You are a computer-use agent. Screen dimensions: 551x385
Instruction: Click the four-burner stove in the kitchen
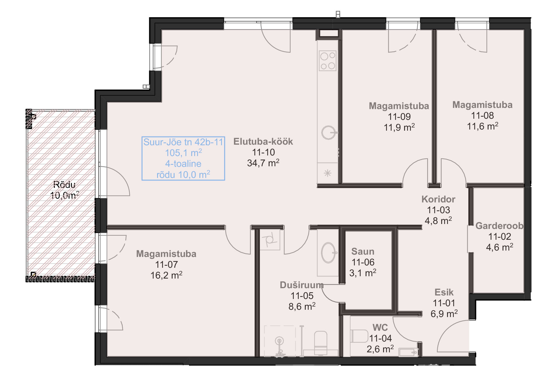coord(328,61)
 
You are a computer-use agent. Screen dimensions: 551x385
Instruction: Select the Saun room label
coord(363,251)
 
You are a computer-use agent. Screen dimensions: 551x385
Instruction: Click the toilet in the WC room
coord(359,336)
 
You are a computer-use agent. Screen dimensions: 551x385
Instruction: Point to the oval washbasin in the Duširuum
coord(329,253)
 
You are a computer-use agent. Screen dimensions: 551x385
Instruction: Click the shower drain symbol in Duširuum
coord(279,341)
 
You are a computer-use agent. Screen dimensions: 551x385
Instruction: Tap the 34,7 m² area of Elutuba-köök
coord(263,163)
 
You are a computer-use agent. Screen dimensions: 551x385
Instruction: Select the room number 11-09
coord(399,117)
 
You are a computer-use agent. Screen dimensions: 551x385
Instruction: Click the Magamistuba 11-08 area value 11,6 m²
coord(482,126)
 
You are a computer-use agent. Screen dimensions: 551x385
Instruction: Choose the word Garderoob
coord(499,225)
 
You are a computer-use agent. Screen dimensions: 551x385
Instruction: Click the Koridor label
coord(438,199)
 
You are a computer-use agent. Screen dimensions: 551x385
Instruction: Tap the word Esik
coord(444,292)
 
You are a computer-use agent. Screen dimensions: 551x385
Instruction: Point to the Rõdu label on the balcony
coord(64,184)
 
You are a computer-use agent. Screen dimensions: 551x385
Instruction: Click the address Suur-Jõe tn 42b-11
coord(183,142)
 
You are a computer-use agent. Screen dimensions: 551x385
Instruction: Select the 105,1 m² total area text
coord(183,153)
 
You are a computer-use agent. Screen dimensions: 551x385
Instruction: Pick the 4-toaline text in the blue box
coord(183,164)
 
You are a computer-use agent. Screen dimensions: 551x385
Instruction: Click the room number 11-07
coord(166,265)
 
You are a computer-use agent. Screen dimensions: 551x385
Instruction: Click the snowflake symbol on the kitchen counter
coord(328,173)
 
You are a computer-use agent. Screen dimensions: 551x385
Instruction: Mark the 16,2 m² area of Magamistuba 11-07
coord(166,275)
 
